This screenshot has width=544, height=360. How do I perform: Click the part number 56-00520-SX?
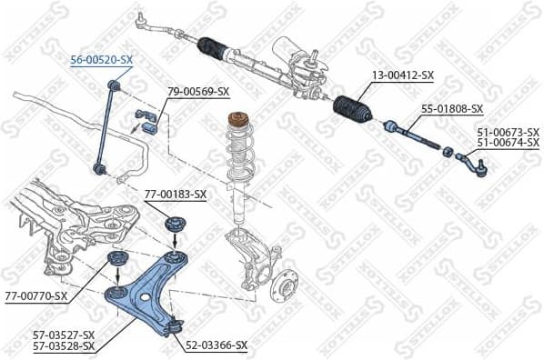[x=102, y=60]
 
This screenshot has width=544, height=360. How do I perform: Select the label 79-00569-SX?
[x=198, y=92]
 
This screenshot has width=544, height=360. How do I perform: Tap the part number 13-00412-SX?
[x=401, y=76]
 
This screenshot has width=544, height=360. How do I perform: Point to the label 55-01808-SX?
[x=451, y=109]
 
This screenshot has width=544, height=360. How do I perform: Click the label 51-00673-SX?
[x=509, y=132]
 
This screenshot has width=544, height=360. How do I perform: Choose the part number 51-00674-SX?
[x=509, y=143]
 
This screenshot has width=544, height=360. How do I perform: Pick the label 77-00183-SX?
[x=176, y=194]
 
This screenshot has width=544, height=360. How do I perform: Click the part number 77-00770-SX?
[x=36, y=295]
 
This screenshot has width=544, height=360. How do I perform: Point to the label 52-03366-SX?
[x=217, y=346]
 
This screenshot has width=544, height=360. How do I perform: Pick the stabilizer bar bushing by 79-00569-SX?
[x=146, y=116]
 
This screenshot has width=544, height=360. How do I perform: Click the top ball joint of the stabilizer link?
[x=115, y=85]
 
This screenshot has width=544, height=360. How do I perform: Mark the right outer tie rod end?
[x=475, y=165]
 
